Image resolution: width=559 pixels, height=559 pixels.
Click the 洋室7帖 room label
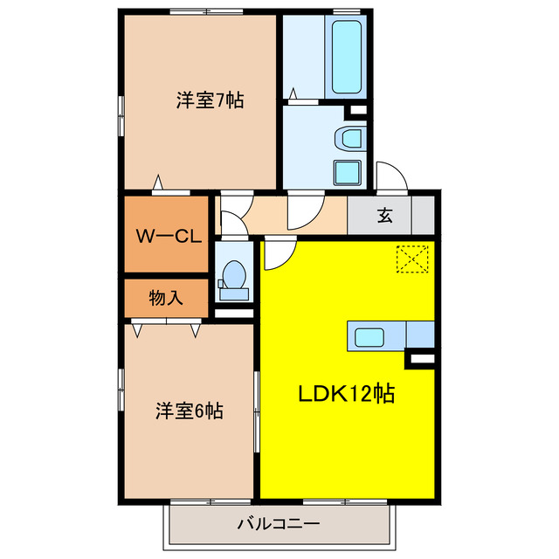[210, 100]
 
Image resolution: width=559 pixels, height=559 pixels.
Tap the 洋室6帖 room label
[190, 410]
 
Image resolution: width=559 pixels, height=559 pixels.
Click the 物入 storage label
[166, 298]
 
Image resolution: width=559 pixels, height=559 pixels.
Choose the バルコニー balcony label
[279, 524]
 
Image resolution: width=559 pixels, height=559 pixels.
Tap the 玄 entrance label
[384, 215]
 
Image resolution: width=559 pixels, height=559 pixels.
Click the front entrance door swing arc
[391, 176]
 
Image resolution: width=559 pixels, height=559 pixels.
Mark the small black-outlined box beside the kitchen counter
[421, 358]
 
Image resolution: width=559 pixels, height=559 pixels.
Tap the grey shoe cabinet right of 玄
[424, 215]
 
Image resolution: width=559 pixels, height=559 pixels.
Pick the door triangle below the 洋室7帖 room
[158, 183]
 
